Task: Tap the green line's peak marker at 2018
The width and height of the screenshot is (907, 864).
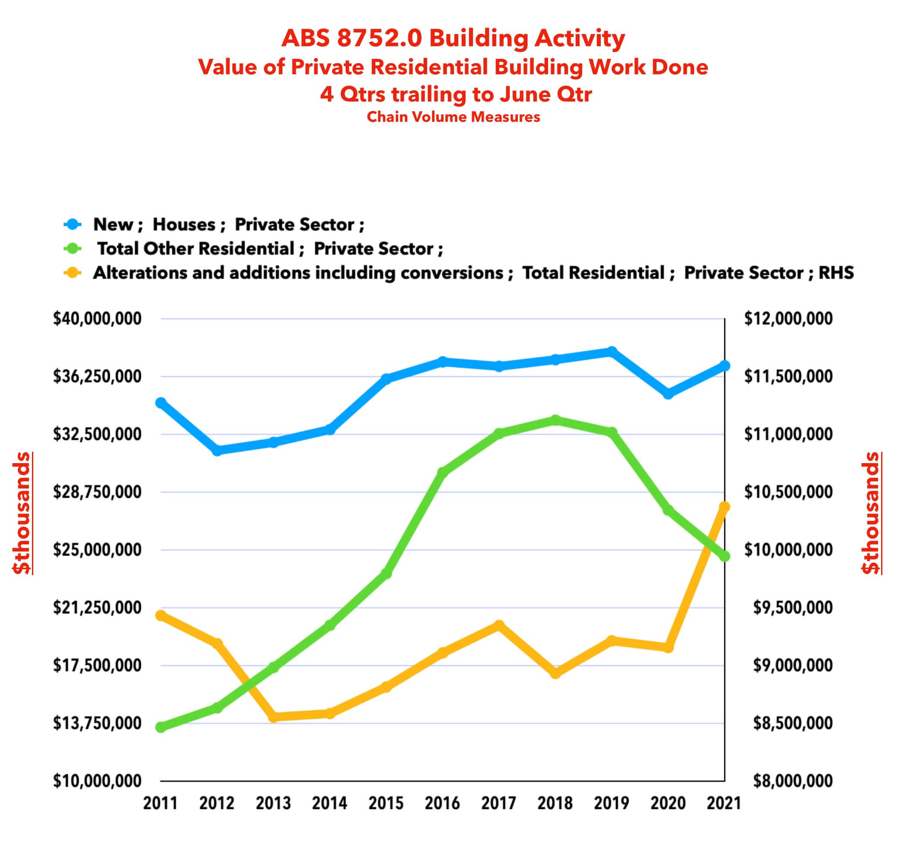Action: point(555,420)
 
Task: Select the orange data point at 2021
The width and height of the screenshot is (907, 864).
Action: point(724,507)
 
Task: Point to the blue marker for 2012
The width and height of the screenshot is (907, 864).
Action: point(217,451)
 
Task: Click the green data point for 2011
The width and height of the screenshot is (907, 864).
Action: point(161,727)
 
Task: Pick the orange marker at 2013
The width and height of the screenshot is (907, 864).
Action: point(273,717)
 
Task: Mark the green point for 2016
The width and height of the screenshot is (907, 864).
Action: point(442,472)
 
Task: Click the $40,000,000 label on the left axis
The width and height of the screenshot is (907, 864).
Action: point(97,318)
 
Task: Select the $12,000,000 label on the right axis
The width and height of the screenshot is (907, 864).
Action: point(788,318)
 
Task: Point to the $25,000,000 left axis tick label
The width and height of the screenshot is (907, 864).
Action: point(97,550)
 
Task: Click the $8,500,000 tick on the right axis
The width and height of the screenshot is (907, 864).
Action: point(793,723)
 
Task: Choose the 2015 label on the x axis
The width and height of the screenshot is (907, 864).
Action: point(386,803)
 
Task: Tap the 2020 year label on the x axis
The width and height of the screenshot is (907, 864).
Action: point(668,803)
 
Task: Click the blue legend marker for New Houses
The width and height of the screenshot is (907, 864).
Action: point(72,224)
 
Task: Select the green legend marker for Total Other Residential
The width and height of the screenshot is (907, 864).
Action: point(72,249)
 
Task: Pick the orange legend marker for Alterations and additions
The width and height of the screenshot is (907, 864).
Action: point(72,273)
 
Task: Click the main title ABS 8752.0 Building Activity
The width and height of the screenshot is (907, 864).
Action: point(453,38)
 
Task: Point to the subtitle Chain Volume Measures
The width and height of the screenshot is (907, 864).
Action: point(453,117)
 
